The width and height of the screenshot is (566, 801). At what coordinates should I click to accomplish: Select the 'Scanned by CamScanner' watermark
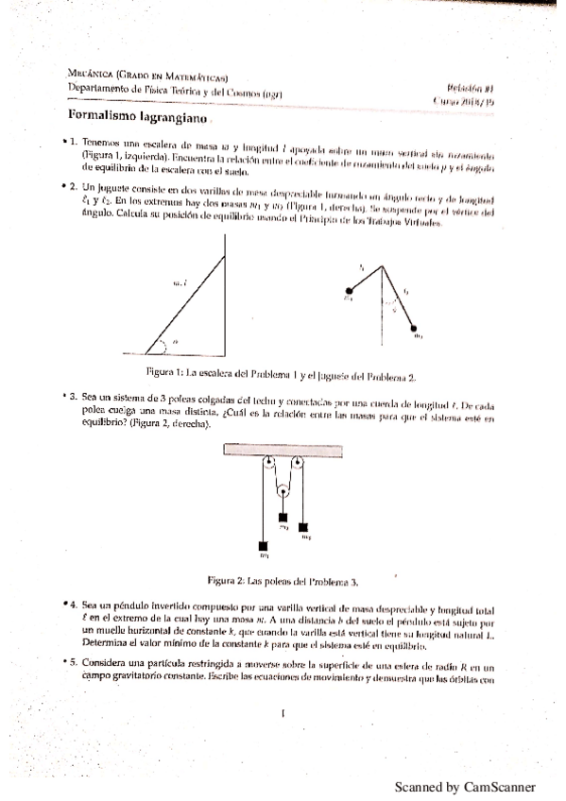[x=465, y=786]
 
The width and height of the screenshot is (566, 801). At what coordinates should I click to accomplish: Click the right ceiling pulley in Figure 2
[x=295, y=464]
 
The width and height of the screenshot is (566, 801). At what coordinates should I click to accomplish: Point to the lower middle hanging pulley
[x=282, y=489]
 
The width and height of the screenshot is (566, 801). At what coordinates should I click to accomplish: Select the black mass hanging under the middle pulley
[x=282, y=517]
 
